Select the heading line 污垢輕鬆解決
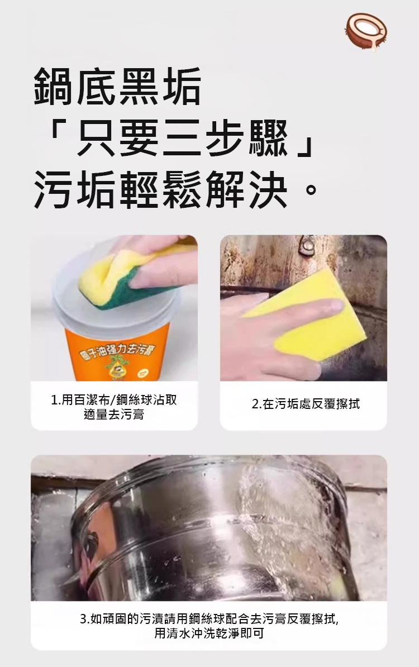160,189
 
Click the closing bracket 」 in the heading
306,146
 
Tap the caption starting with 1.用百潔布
113,400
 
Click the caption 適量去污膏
113,415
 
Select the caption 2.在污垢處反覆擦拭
306,404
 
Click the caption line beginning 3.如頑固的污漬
209,618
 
